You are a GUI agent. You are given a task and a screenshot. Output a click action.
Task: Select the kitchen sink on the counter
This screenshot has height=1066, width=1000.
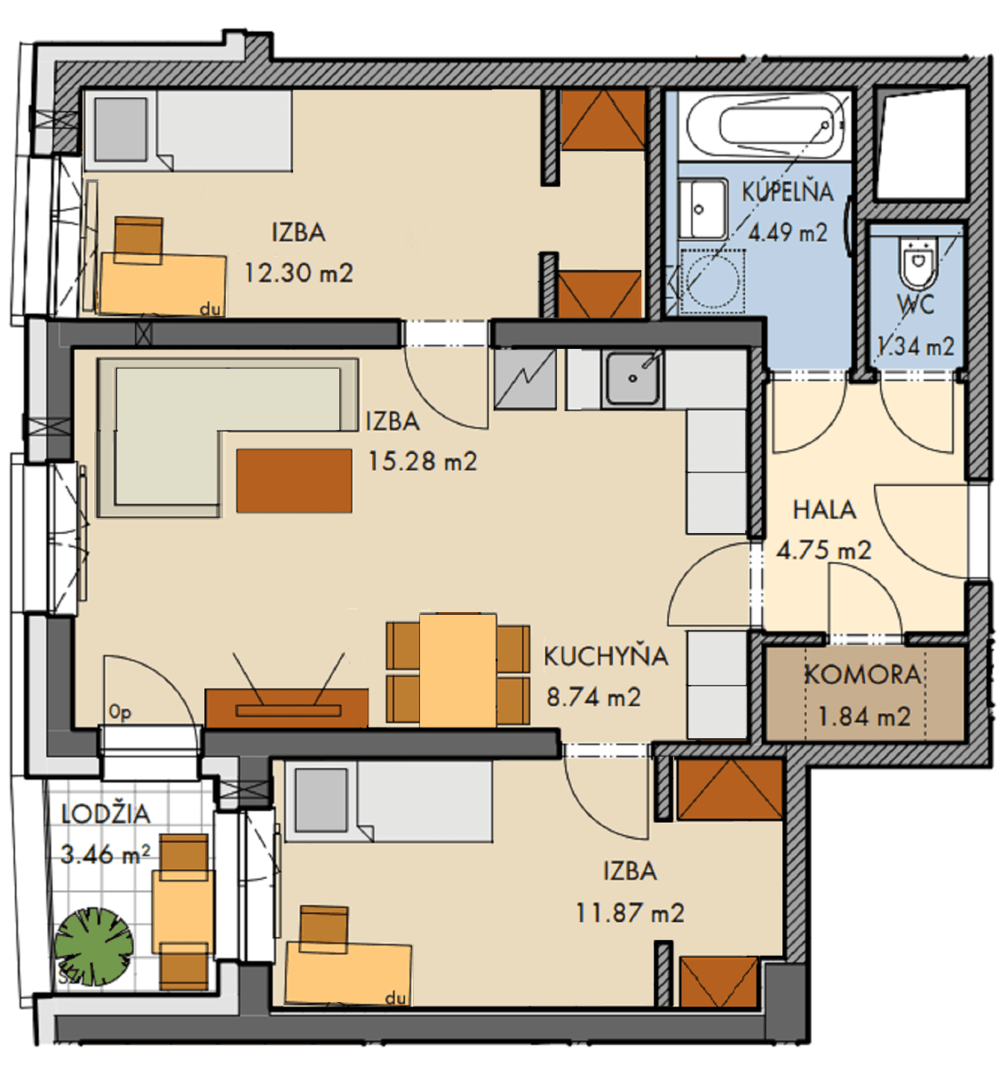coord(632,378)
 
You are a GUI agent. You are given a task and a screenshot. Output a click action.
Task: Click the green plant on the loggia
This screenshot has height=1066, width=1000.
coord(93,946)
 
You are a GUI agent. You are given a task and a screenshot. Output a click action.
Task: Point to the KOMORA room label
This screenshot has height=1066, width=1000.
coord(862,675)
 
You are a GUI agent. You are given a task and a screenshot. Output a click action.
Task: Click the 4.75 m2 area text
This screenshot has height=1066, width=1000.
coord(823,551)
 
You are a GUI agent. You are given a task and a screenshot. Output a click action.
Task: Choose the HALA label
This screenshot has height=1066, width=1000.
coord(824,510)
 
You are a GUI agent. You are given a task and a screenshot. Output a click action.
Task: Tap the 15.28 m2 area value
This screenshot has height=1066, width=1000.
coord(422,462)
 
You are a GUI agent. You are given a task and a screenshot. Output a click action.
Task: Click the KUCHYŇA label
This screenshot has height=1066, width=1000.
coord(606,656)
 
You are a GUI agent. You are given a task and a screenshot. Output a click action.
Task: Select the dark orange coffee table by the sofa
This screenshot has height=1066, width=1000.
coord(294,481)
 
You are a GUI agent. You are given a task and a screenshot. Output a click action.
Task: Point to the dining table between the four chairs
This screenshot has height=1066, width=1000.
coord(457,671)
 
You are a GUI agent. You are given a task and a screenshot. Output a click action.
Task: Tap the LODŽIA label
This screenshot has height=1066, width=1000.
coord(106,814)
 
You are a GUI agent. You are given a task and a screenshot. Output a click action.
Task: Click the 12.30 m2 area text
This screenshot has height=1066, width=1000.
coord(298,273)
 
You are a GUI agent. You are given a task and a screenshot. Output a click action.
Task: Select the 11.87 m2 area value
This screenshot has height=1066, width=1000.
coord(630,913)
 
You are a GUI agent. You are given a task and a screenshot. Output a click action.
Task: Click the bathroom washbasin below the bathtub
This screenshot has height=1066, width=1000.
coord(702,210)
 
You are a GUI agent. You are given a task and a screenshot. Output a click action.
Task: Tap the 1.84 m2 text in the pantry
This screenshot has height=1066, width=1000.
coord(863,717)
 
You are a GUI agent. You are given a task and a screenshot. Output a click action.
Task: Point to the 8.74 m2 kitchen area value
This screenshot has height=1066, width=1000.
coord(593,697)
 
